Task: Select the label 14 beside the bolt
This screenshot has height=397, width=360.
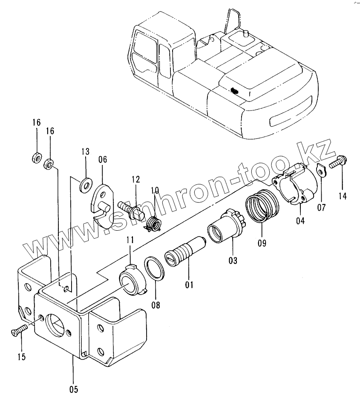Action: coord(342,196)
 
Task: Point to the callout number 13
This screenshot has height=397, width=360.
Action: coord(85,151)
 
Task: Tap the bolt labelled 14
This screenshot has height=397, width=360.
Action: coord(337,162)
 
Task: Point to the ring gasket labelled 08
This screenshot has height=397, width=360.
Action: coord(155,269)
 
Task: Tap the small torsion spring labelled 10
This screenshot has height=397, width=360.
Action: coord(152,223)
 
